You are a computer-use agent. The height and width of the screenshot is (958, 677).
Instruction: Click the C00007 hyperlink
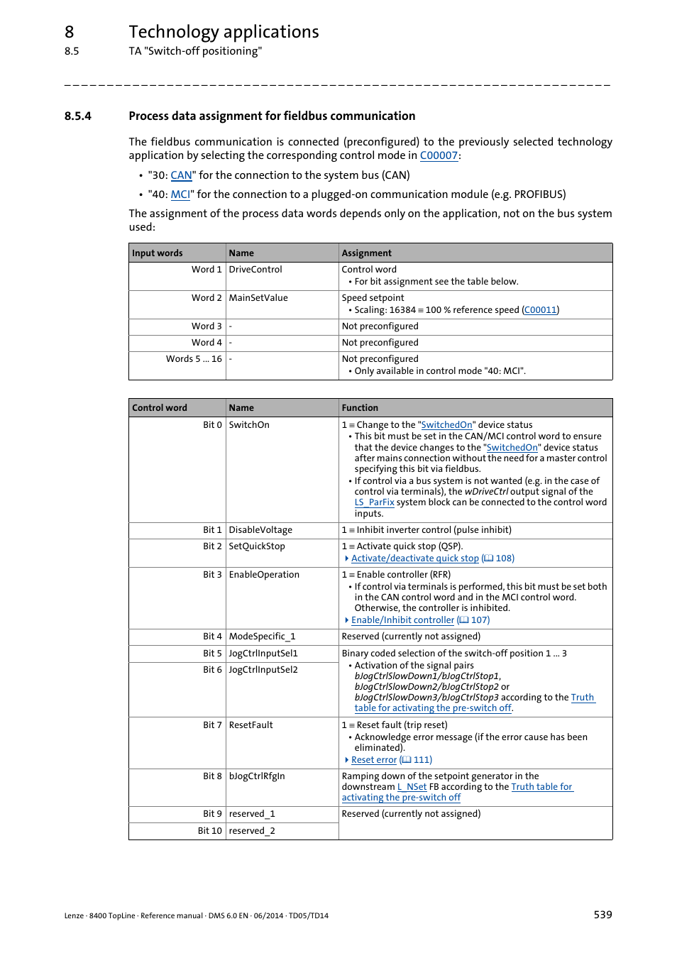(439, 155)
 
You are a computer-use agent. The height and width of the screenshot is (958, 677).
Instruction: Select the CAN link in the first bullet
(181, 175)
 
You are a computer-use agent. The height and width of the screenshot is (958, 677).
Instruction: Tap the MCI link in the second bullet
(180, 194)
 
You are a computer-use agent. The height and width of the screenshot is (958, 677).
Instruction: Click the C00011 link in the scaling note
(540, 310)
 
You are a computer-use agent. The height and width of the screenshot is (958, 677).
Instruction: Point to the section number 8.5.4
(77, 116)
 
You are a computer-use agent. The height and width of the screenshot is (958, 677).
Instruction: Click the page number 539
(602, 915)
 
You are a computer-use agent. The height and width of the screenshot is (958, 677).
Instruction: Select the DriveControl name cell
(255, 270)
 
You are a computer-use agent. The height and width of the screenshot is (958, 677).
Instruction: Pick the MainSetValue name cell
(258, 298)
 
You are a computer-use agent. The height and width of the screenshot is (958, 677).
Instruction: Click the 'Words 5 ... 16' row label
(194, 359)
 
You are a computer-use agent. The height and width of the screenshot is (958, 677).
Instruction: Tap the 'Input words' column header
(158, 253)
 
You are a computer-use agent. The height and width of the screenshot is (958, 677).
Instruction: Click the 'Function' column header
(360, 408)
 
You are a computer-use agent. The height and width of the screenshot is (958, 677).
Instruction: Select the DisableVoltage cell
(260, 530)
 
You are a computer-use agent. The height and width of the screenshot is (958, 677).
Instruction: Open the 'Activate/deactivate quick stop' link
(414, 558)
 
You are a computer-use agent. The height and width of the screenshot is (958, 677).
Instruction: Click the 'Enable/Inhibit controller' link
(402, 620)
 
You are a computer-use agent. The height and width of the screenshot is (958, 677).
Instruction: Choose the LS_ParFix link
(374, 502)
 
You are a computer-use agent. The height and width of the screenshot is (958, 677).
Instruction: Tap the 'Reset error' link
(374, 760)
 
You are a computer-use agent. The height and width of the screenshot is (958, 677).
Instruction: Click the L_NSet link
(412, 787)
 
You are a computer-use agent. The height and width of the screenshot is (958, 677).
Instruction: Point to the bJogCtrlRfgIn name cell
(257, 776)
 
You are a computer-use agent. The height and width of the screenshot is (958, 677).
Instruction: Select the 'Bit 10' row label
(209, 831)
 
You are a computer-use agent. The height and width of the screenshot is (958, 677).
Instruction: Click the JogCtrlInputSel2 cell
(263, 670)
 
